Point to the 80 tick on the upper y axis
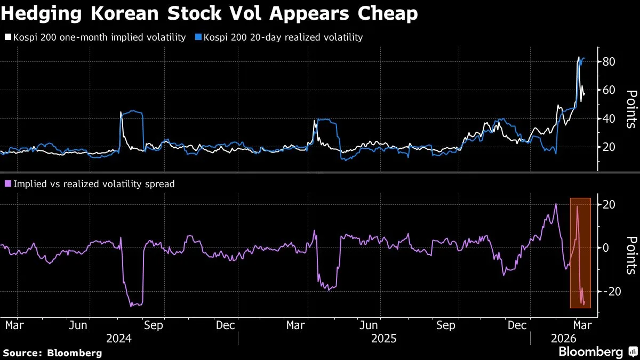click(x=609, y=62)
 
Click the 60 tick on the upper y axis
click(x=609, y=90)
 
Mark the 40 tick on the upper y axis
click(x=609, y=118)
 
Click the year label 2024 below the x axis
click(x=119, y=339)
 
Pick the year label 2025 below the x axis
click(x=383, y=339)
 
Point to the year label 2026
click(x=563, y=339)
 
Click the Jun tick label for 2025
click(x=370, y=324)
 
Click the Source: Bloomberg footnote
click(x=52, y=353)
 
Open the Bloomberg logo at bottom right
click(x=597, y=352)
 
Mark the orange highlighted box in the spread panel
click(x=580, y=253)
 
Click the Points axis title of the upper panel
click(x=631, y=109)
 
